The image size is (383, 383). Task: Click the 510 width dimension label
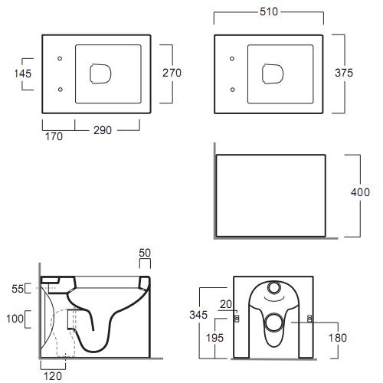[x=269, y=11]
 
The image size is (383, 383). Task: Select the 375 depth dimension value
[x=344, y=73]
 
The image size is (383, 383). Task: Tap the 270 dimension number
[x=172, y=73]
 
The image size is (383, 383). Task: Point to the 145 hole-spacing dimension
[x=23, y=74]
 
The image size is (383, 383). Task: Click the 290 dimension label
[x=103, y=130]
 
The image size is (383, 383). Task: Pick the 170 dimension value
[x=54, y=136]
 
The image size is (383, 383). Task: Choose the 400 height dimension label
[x=360, y=192]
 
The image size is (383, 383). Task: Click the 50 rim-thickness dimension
[x=145, y=253]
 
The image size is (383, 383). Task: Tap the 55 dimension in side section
[x=18, y=289]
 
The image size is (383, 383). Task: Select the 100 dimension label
[x=15, y=319]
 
